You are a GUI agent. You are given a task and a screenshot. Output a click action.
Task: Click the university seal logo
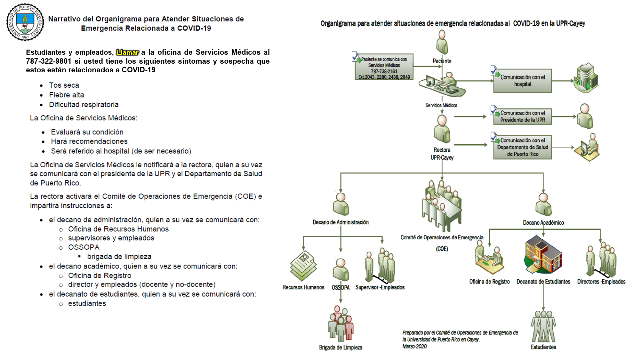pos(25,22)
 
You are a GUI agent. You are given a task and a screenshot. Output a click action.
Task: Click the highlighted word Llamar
pos(127,52)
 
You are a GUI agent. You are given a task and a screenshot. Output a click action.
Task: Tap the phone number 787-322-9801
pos(48,61)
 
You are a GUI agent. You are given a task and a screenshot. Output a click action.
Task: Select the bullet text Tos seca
pos(64,85)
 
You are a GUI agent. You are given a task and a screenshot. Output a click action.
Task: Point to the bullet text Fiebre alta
pos(67,95)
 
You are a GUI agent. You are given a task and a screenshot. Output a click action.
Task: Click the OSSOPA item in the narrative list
pos(84,247)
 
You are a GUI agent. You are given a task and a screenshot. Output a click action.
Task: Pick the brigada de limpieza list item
pos(119,257)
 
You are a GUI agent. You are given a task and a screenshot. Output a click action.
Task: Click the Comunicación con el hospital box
pos(522,81)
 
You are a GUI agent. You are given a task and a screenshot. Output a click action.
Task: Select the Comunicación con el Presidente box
pos(522,116)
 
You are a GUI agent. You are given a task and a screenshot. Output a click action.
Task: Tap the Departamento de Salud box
pos(522,147)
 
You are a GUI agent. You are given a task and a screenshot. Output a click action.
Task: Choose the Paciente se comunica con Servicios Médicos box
pos(384,67)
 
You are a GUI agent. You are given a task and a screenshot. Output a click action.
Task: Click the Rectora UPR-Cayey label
pos(442,154)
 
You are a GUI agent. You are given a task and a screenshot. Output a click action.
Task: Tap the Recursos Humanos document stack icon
pos(303,266)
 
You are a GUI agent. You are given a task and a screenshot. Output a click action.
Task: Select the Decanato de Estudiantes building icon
pos(543,254)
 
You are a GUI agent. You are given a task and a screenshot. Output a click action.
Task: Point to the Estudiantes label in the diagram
pos(543,347)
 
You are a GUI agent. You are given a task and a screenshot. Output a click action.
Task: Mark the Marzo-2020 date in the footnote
pos(414,347)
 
